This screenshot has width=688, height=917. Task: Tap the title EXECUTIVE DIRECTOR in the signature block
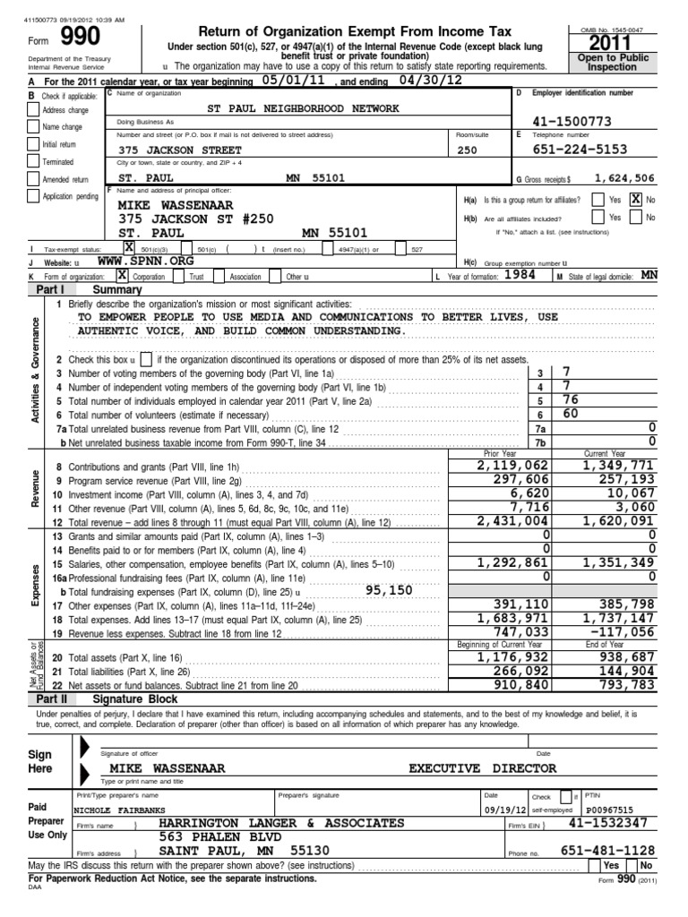[482, 767]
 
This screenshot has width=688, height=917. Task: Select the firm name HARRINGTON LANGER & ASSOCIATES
[281, 822]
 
